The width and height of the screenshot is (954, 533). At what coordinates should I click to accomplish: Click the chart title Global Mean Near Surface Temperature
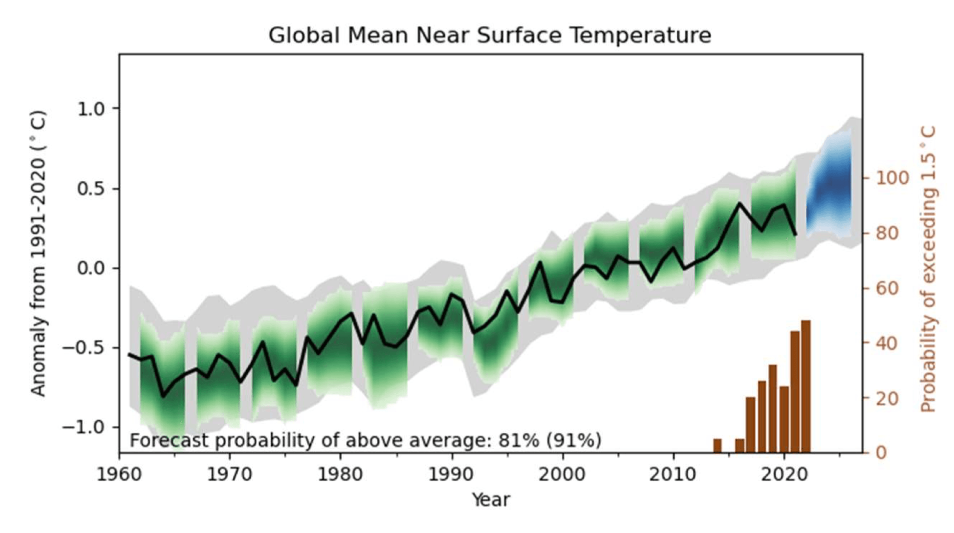coord(489,35)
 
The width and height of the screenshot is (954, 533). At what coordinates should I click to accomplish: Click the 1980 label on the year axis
coord(340,473)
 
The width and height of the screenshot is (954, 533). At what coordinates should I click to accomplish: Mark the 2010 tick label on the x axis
coord(673,473)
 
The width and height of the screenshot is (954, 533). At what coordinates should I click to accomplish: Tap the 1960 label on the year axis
coord(119,473)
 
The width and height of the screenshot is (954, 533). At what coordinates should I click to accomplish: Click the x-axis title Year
coord(491,499)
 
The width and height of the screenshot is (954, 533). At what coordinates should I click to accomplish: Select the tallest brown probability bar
coord(805,386)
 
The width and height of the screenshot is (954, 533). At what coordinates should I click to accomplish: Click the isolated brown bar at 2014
coord(717,445)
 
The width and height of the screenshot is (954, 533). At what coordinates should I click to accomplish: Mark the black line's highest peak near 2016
coord(739,203)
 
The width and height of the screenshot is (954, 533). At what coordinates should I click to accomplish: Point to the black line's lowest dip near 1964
coord(163,396)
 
